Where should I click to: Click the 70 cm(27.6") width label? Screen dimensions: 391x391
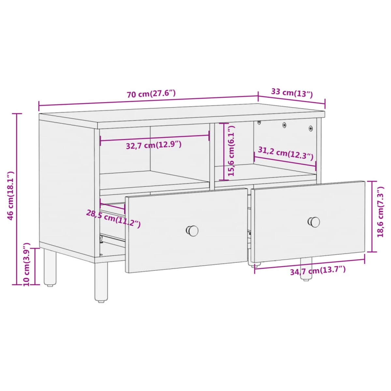click(151, 94)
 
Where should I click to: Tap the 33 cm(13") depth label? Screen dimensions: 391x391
click(292, 93)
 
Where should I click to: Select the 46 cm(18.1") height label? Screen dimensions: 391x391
click(10, 195)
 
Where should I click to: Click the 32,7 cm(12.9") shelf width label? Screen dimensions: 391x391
click(153, 145)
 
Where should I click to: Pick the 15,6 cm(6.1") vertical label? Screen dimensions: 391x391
click(231, 151)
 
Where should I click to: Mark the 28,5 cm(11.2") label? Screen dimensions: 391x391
click(113, 218)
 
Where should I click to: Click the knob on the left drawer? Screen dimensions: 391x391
click(192, 230)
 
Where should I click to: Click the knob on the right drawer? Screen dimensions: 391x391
click(314, 222)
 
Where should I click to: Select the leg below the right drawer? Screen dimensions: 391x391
click(306, 269)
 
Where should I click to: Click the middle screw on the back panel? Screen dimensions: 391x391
click(284, 124)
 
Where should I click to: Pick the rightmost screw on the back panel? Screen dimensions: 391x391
click(311, 128)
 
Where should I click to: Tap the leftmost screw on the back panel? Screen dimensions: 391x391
click(259, 122)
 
